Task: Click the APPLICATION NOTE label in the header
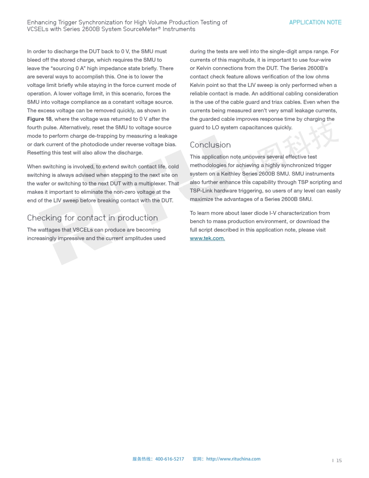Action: click(315, 22)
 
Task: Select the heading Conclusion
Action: click(210, 145)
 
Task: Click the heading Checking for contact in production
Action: click(92, 218)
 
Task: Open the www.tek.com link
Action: click(207, 239)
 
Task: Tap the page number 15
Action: click(339, 461)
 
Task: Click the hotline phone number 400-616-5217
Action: click(170, 459)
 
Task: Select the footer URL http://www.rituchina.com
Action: click(233, 459)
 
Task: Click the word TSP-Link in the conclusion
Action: click(202, 191)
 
